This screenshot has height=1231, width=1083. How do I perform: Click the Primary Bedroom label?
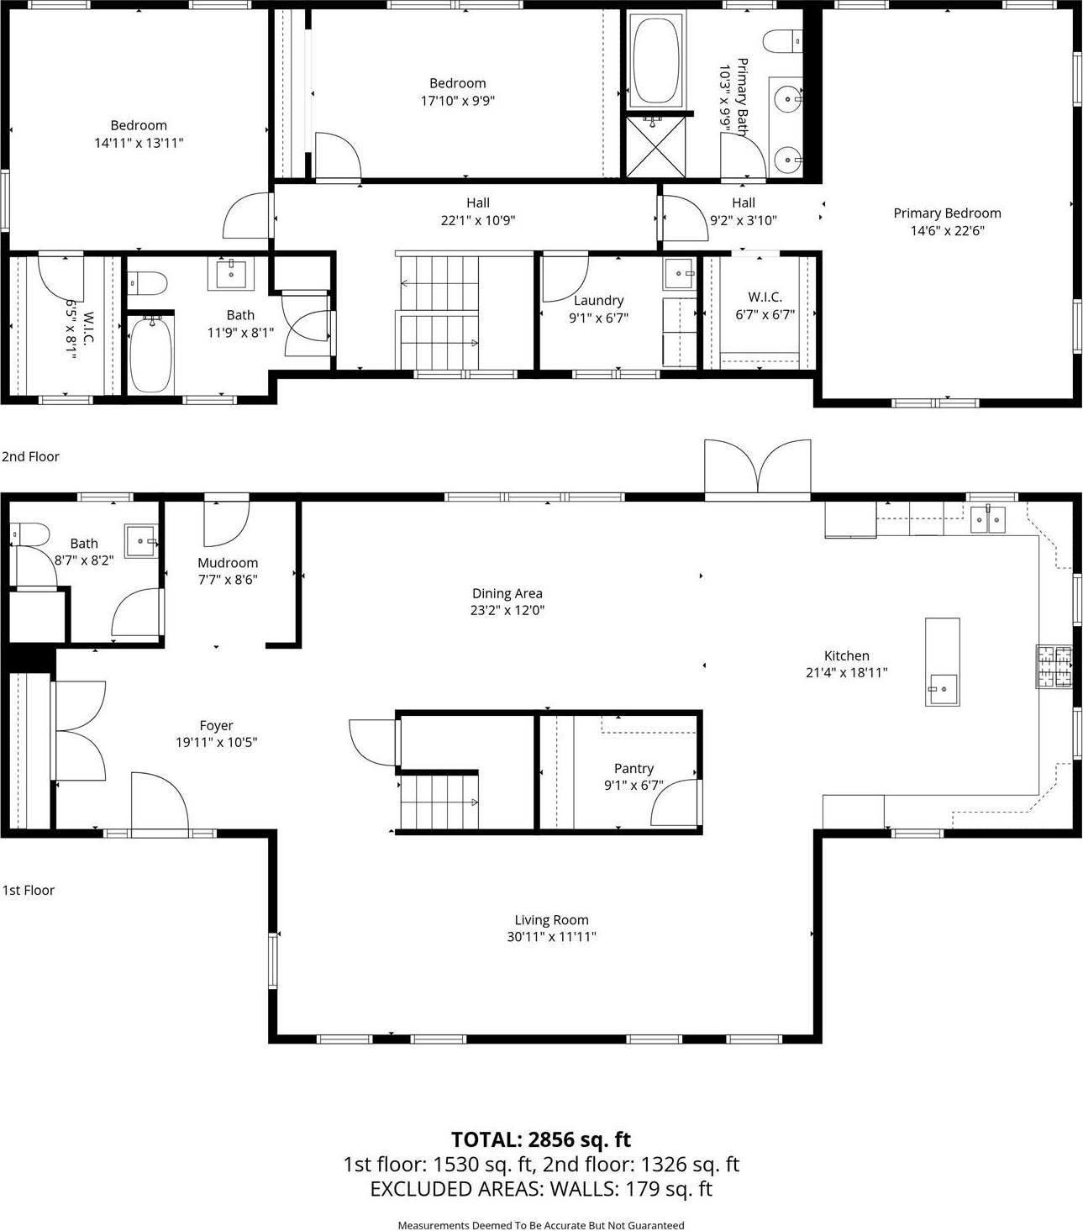(947, 213)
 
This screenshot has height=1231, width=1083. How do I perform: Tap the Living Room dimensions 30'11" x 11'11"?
(551, 937)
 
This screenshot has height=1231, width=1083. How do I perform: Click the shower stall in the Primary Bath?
(655, 147)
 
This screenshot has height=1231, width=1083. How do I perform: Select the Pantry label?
(634, 769)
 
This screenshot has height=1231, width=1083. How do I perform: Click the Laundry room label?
(598, 301)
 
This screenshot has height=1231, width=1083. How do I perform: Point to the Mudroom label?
(228, 563)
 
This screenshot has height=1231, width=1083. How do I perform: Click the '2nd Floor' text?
(30, 457)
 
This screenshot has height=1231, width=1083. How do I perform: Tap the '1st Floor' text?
(28, 891)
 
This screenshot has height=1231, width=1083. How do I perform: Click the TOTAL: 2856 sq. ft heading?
(541, 1139)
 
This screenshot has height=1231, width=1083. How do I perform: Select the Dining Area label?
(507, 593)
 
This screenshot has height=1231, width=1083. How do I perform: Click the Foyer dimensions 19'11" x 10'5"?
(216, 743)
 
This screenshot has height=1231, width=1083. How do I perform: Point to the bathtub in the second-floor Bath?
(151, 354)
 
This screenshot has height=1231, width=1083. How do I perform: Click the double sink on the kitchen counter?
(987, 519)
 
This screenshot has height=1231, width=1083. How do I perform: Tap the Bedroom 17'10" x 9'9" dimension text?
(458, 101)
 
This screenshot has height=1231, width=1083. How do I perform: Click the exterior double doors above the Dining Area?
(757, 466)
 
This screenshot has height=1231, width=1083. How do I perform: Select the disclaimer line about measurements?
(541, 1225)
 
